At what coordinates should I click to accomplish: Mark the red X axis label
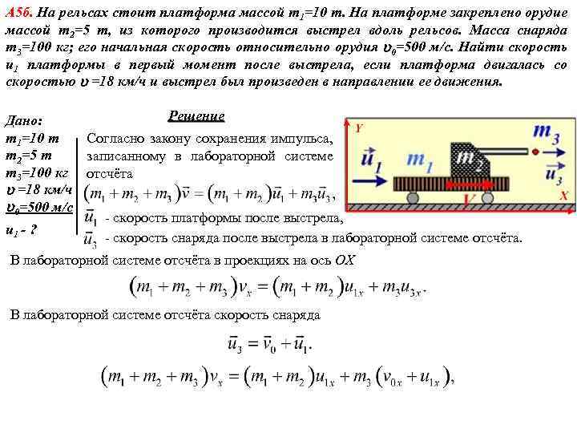[x=564, y=196]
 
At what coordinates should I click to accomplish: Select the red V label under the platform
[x=470, y=198]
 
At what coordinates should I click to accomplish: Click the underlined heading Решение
[x=197, y=117]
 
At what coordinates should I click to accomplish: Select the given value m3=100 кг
[x=38, y=172]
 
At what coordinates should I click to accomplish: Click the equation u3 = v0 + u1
[x=268, y=345]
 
